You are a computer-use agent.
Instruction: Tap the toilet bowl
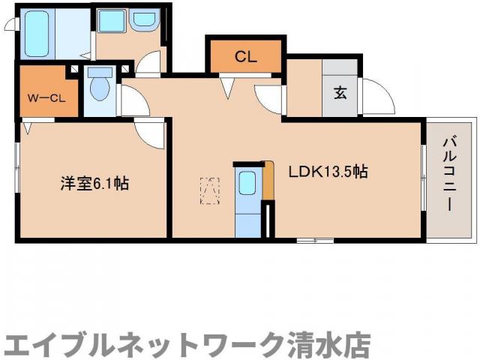(98, 88)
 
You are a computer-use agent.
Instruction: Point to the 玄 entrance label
(340, 93)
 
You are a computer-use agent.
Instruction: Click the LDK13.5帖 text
(328, 172)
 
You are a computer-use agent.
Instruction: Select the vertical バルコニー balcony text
(449, 172)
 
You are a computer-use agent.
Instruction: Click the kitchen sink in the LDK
(247, 182)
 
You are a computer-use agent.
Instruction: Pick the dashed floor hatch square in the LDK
(209, 189)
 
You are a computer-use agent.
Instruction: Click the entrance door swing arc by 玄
(379, 97)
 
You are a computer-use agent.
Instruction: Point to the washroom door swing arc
(153, 64)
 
